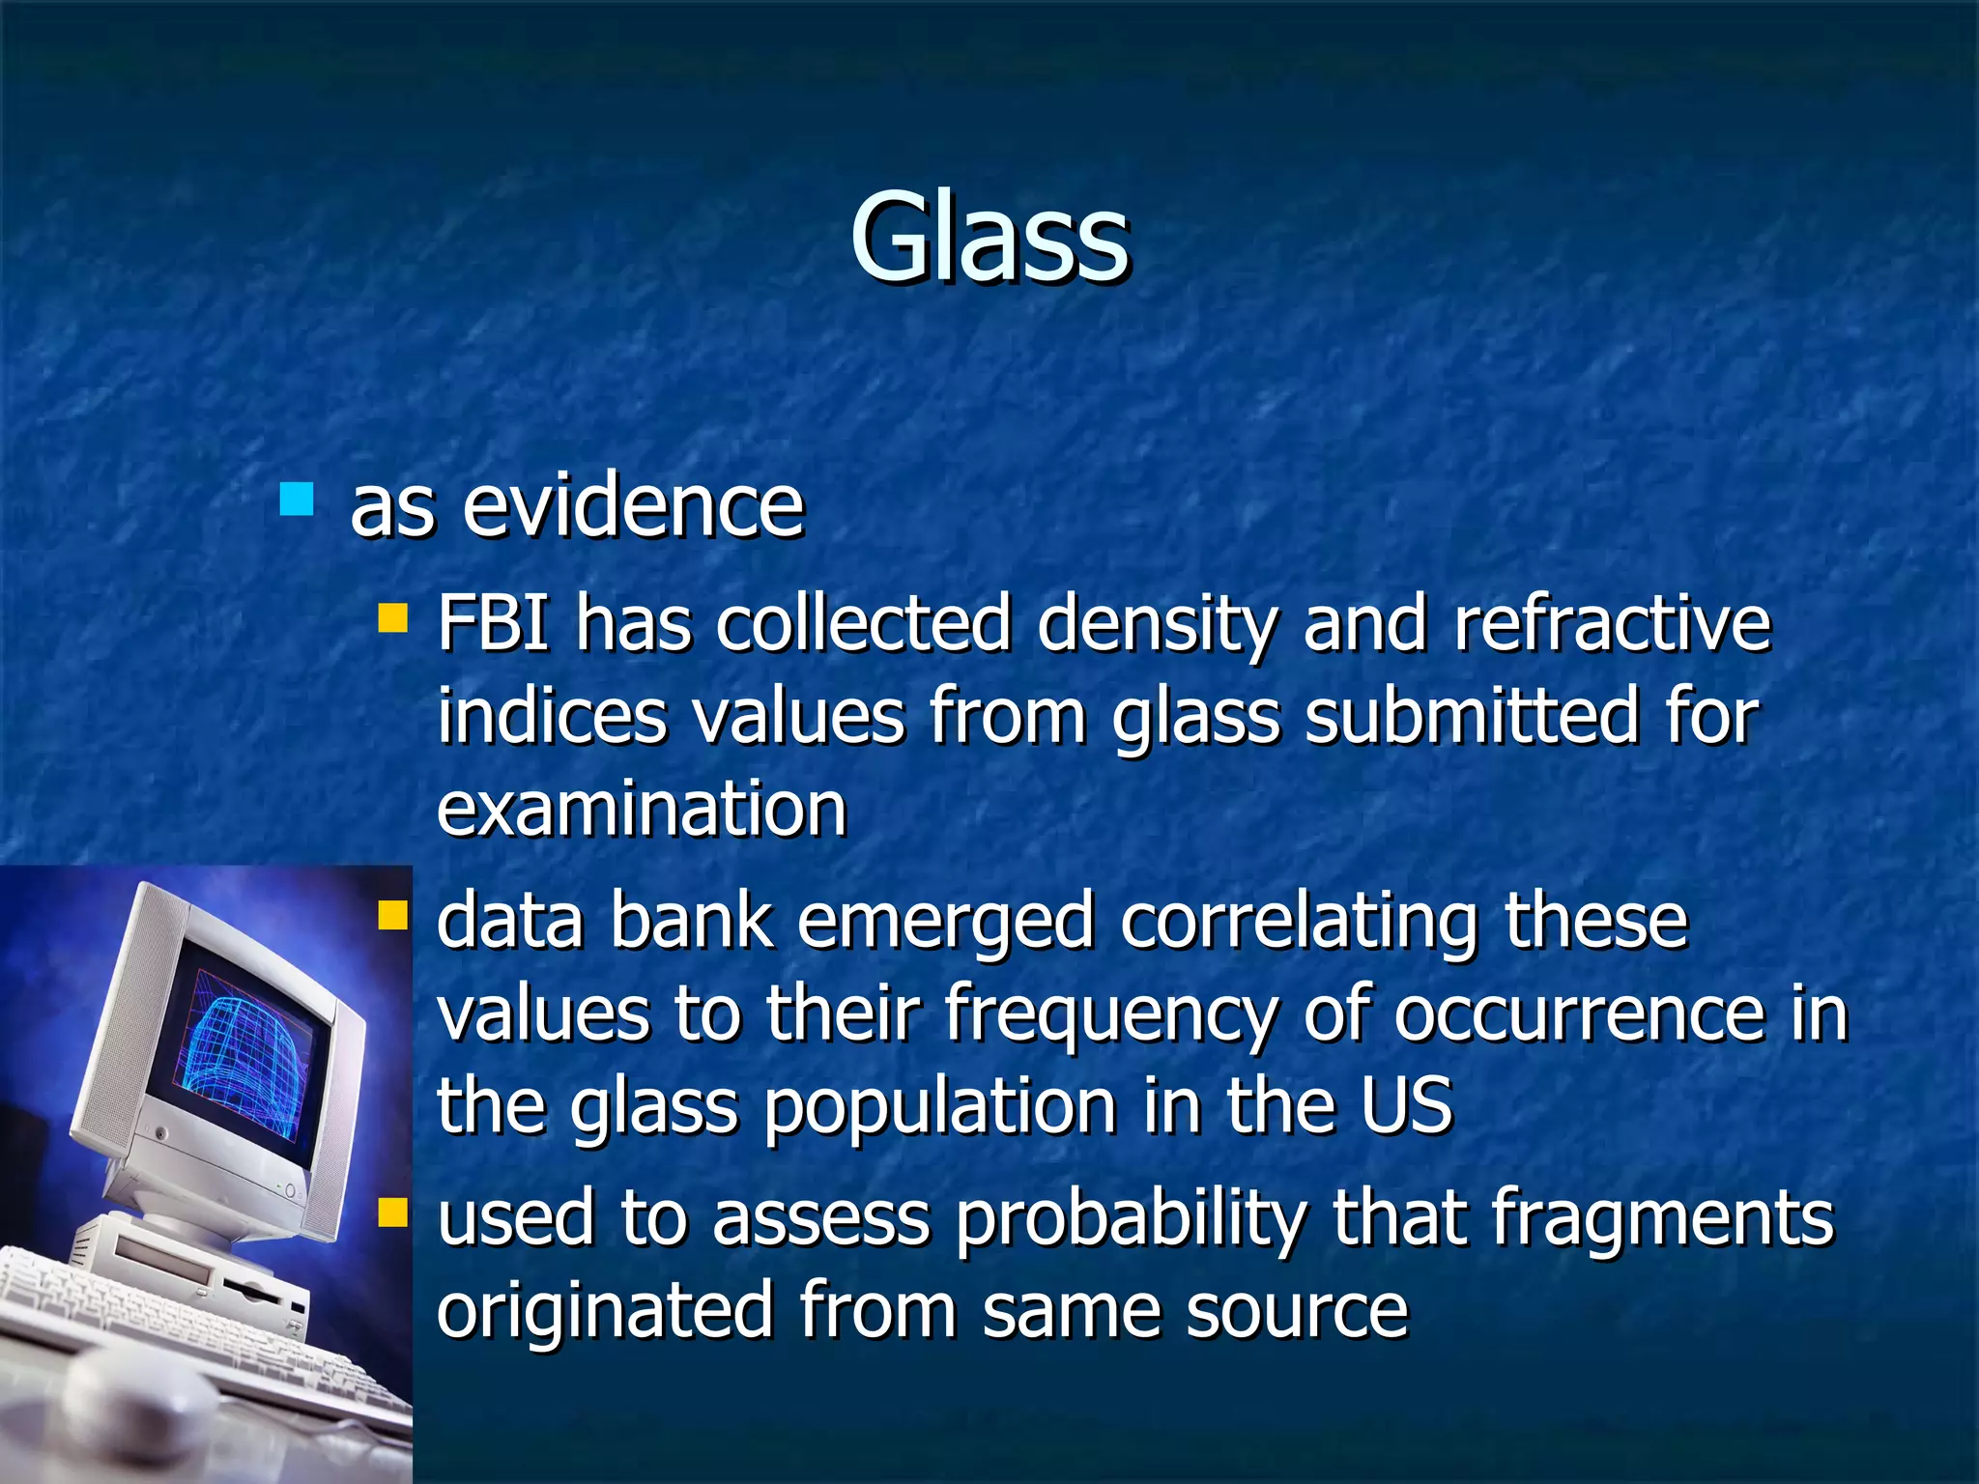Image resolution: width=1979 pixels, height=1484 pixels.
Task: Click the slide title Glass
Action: (x=989, y=237)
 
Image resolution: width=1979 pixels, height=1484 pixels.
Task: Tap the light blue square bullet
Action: (x=297, y=499)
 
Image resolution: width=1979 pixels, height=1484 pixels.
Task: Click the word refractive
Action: (x=1612, y=623)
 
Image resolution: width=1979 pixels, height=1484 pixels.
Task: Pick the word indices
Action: (x=552, y=716)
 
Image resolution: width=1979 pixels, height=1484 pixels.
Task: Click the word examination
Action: (x=642, y=809)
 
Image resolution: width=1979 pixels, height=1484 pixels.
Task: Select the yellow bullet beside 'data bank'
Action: (x=393, y=914)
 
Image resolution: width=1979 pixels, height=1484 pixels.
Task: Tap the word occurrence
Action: (x=1579, y=1014)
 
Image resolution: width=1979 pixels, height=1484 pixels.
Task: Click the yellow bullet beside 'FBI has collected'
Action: (x=393, y=617)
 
